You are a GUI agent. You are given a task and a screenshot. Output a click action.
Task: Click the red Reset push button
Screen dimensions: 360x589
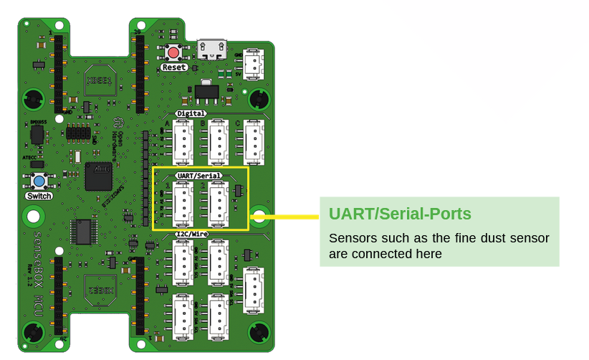(x=173, y=52)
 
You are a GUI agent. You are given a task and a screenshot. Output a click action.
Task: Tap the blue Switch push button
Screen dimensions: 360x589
(x=37, y=181)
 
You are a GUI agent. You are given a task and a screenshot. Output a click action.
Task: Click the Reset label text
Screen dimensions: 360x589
(x=173, y=67)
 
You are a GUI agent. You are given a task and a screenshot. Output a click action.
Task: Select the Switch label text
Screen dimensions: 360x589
(x=38, y=196)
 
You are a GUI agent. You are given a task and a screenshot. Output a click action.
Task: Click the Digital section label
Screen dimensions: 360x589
(x=191, y=113)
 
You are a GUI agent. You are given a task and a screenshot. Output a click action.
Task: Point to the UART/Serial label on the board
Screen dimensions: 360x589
(x=198, y=175)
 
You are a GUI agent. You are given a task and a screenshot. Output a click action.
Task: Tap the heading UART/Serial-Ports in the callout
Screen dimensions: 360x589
(x=400, y=214)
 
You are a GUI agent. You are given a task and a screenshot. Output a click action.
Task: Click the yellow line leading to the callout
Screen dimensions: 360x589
(x=287, y=214)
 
